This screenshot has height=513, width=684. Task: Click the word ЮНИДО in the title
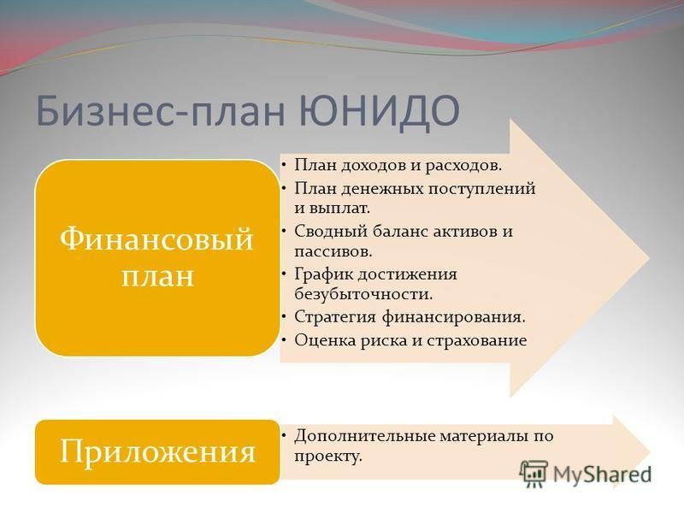tap(380, 109)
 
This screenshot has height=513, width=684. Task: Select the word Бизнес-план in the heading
tap(161, 111)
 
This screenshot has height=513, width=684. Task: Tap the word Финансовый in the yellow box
tap(156, 239)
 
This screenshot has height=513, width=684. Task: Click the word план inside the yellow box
tap(157, 276)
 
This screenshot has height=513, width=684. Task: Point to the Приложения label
tap(157, 451)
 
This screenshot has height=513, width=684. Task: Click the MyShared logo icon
tap(533, 474)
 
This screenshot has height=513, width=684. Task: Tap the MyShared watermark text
tap(603, 474)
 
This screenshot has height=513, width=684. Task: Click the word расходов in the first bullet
tap(463, 166)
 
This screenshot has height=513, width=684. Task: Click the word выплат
tap(339, 209)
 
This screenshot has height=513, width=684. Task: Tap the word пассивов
tap(333, 251)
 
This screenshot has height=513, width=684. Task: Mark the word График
tap(323, 274)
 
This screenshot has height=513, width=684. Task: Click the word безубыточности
tap(363, 294)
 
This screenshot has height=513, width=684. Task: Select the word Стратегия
tap(335, 317)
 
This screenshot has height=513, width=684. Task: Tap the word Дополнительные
tap(364, 436)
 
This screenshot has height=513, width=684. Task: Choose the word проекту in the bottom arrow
tap(328, 457)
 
